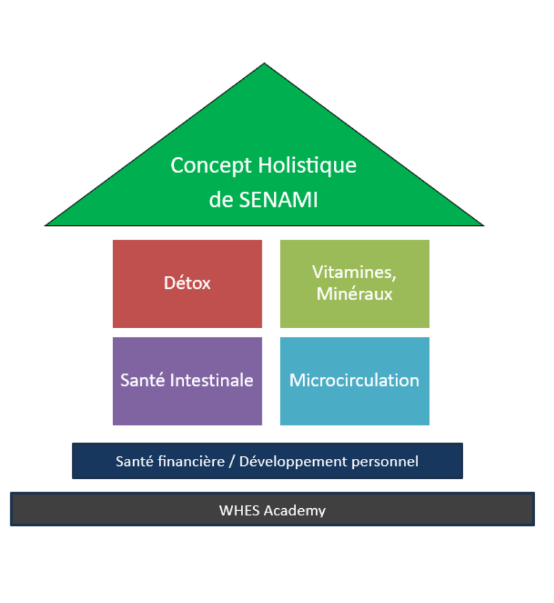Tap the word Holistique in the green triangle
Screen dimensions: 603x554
pyautogui.click(x=310, y=166)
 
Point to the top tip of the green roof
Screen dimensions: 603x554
pyautogui.click(x=264, y=65)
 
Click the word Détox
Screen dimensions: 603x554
pyautogui.click(x=187, y=283)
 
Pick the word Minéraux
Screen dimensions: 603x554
pyautogui.click(x=354, y=294)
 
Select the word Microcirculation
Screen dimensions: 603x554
pyautogui.click(x=354, y=380)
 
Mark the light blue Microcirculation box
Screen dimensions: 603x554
pyautogui.click(x=354, y=409)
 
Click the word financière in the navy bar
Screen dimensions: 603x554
pyautogui.click(x=192, y=461)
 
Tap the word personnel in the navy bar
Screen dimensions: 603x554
pyautogui.click(x=385, y=462)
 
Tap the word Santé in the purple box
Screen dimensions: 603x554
pyautogui.click(x=142, y=380)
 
